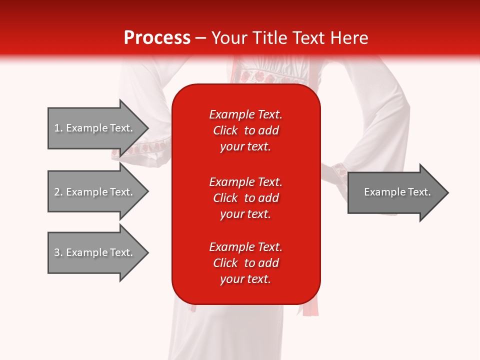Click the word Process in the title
tap(157, 38)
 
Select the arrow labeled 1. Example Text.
tap(95, 128)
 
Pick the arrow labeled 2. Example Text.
tap(95, 192)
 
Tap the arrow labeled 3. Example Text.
tap(95, 252)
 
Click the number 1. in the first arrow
tap(58, 128)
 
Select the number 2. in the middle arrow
tap(58, 192)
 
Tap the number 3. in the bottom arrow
tap(58, 252)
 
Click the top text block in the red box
tap(245, 130)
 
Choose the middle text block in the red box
tap(245, 198)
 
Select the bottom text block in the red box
tap(245, 263)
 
